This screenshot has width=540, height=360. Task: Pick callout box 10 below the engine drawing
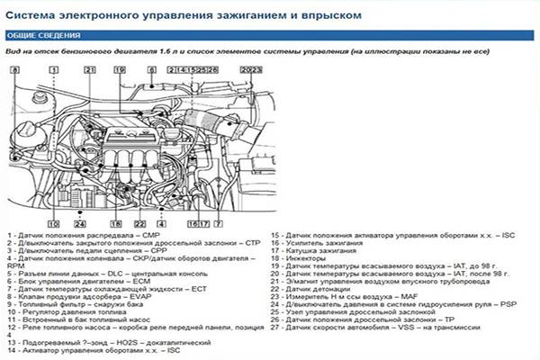54,222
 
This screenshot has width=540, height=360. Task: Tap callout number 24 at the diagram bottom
79,222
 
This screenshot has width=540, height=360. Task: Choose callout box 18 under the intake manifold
114,222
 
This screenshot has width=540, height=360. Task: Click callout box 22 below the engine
140,222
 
